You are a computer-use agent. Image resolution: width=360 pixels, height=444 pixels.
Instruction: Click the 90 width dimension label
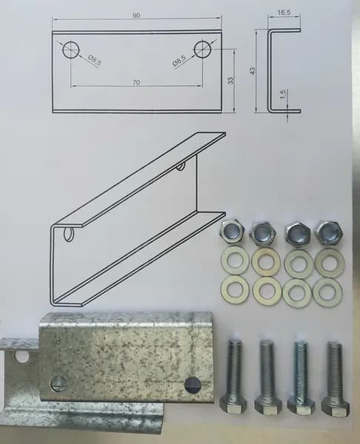point(136,16)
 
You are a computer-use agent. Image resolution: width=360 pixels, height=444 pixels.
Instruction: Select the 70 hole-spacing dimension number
point(136,82)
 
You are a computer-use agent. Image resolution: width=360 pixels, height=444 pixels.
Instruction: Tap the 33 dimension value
point(231,81)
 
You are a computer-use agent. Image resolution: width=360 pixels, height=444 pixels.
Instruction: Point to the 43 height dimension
point(253,70)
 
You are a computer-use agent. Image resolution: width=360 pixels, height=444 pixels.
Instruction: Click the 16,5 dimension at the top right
point(284,13)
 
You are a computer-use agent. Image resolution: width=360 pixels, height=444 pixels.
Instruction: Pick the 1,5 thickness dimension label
point(283,94)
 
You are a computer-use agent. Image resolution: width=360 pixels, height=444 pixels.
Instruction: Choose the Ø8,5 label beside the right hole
point(179,61)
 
